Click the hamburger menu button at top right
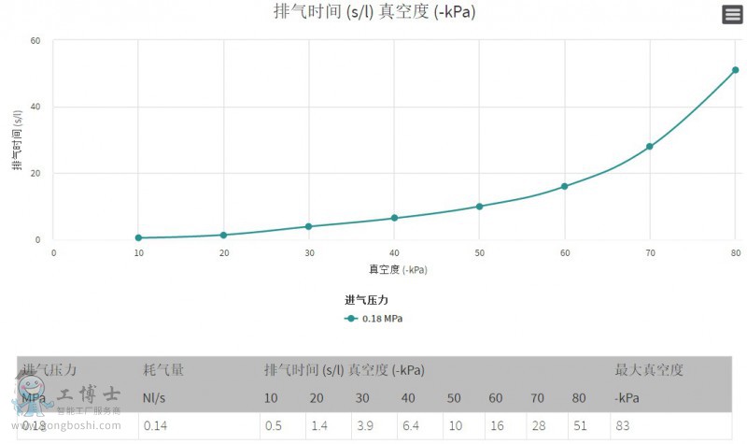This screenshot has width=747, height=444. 732,14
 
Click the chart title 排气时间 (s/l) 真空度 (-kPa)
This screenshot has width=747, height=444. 373,12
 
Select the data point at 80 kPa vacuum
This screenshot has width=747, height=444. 735,70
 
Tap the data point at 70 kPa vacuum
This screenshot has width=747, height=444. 649,147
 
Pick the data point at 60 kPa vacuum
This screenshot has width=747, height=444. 564,186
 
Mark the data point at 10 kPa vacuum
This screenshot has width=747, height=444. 138,237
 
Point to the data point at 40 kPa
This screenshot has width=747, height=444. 394,218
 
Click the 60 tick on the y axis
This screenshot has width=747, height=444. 35,40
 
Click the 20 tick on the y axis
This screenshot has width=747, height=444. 35,173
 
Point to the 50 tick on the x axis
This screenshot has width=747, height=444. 479,253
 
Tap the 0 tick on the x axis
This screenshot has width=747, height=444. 53,253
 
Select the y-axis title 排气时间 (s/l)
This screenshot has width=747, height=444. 17,140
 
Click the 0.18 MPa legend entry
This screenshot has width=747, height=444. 374,318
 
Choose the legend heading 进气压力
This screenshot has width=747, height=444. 366,300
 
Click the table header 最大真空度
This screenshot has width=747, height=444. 648,370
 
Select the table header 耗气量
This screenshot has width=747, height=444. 163,370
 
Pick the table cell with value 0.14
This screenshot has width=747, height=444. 156,426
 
